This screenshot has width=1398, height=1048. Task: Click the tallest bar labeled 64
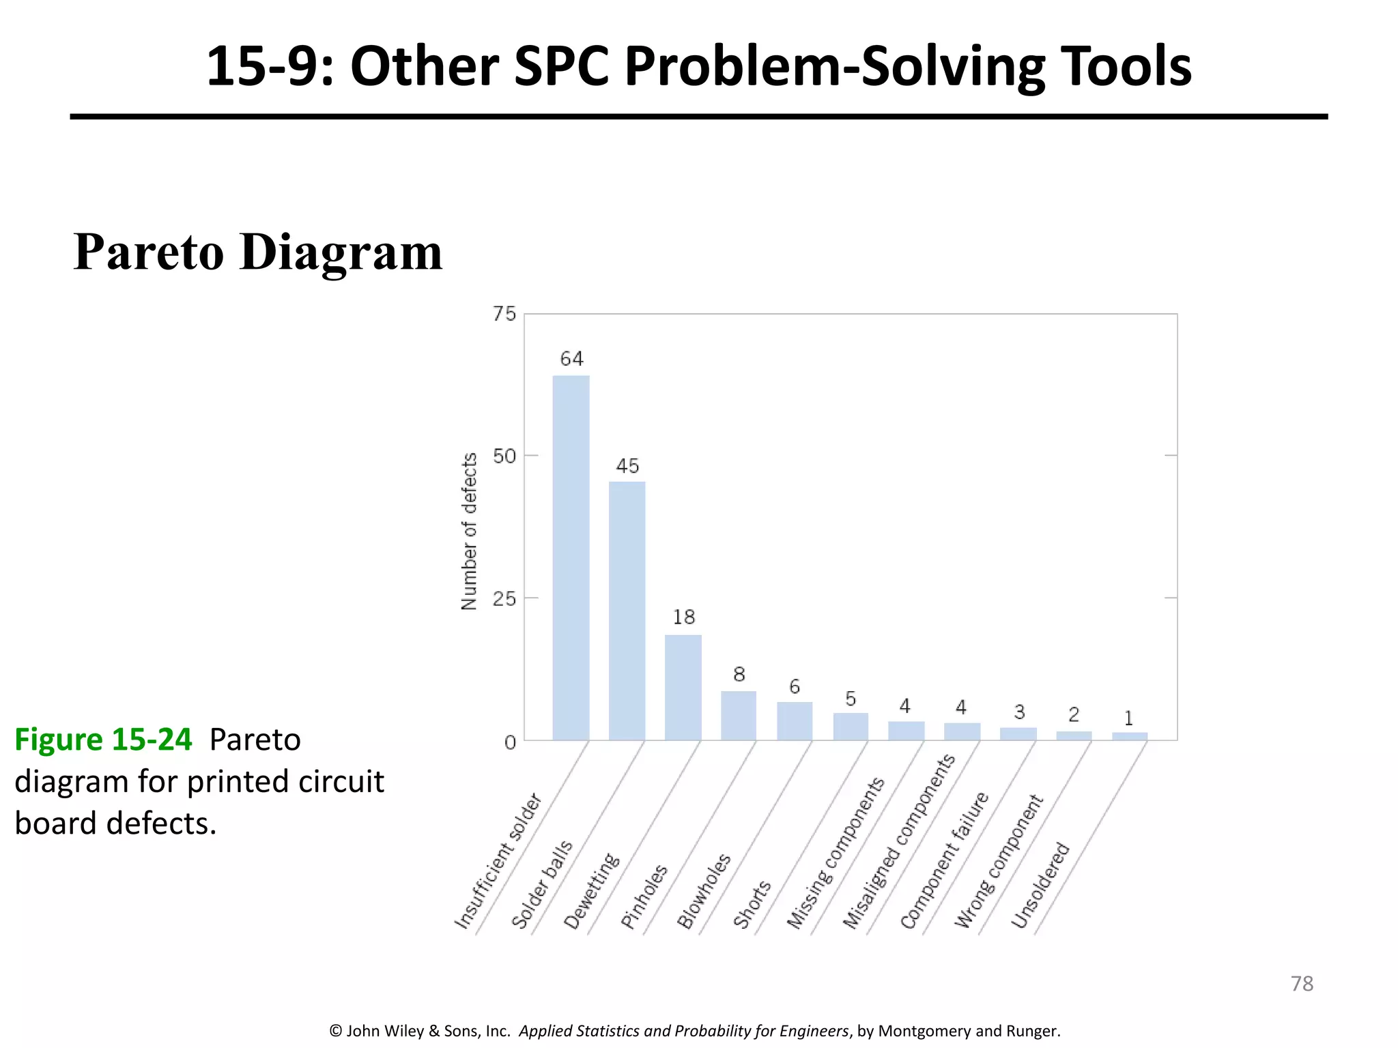click(x=571, y=557)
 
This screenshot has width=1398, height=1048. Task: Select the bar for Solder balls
click(x=627, y=611)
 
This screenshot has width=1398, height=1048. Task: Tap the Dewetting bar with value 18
click(x=683, y=687)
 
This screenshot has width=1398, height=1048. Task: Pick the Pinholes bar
click(x=739, y=716)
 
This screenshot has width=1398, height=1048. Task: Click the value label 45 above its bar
click(x=627, y=466)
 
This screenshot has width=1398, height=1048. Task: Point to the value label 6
click(x=795, y=686)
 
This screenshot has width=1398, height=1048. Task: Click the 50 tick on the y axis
click(x=504, y=456)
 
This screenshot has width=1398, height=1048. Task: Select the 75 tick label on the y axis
click(x=504, y=314)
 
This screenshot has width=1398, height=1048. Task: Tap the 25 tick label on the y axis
click(x=504, y=599)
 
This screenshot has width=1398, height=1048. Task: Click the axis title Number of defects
click(x=469, y=532)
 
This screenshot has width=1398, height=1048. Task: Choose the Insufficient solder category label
click(x=498, y=862)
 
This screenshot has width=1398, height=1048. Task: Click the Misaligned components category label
click(x=898, y=843)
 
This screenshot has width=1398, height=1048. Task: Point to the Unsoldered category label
click(x=1040, y=886)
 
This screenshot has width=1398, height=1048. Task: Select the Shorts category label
click(x=752, y=905)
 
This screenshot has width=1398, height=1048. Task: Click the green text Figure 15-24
click(x=103, y=740)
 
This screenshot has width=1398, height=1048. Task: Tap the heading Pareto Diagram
click(x=258, y=252)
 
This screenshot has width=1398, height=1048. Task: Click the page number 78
click(x=1302, y=984)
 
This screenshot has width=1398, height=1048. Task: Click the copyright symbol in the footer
click(x=335, y=1031)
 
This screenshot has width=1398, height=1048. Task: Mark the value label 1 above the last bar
click(x=1128, y=718)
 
